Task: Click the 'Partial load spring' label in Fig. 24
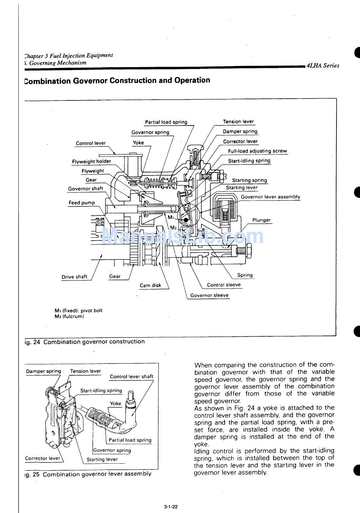(x=166, y=122)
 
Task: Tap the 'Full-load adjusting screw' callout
(x=257, y=151)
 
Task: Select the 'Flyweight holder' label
(x=91, y=162)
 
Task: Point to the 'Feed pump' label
(x=81, y=203)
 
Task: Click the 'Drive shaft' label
(x=74, y=277)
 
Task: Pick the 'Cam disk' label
(x=150, y=286)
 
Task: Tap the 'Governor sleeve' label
(x=209, y=295)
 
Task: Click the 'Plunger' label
(x=261, y=220)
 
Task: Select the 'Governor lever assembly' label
(x=270, y=197)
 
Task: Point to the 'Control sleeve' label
(x=224, y=285)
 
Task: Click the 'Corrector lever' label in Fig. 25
(x=42, y=458)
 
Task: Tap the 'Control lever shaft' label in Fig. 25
(x=131, y=377)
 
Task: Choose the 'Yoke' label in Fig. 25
(x=116, y=403)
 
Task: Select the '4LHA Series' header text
(x=323, y=65)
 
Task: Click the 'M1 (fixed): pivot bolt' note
(x=78, y=311)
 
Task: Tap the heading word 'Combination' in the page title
(x=47, y=81)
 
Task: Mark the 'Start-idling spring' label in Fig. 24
(x=249, y=161)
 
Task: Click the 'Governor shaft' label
(x=85, y=189)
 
